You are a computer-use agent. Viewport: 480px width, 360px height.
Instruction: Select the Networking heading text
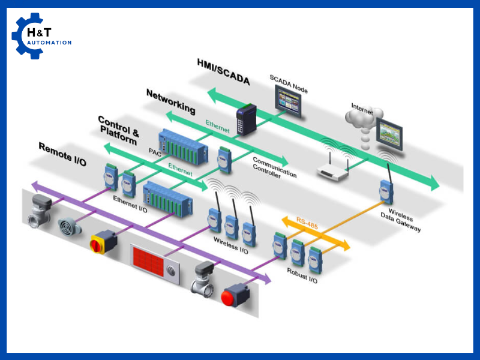[171, 101]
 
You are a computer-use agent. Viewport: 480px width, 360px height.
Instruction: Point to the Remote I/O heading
[64, 154]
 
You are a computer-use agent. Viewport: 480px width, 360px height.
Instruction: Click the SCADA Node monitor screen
[288, 99]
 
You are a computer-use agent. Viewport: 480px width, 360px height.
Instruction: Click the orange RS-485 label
[308, 226]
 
